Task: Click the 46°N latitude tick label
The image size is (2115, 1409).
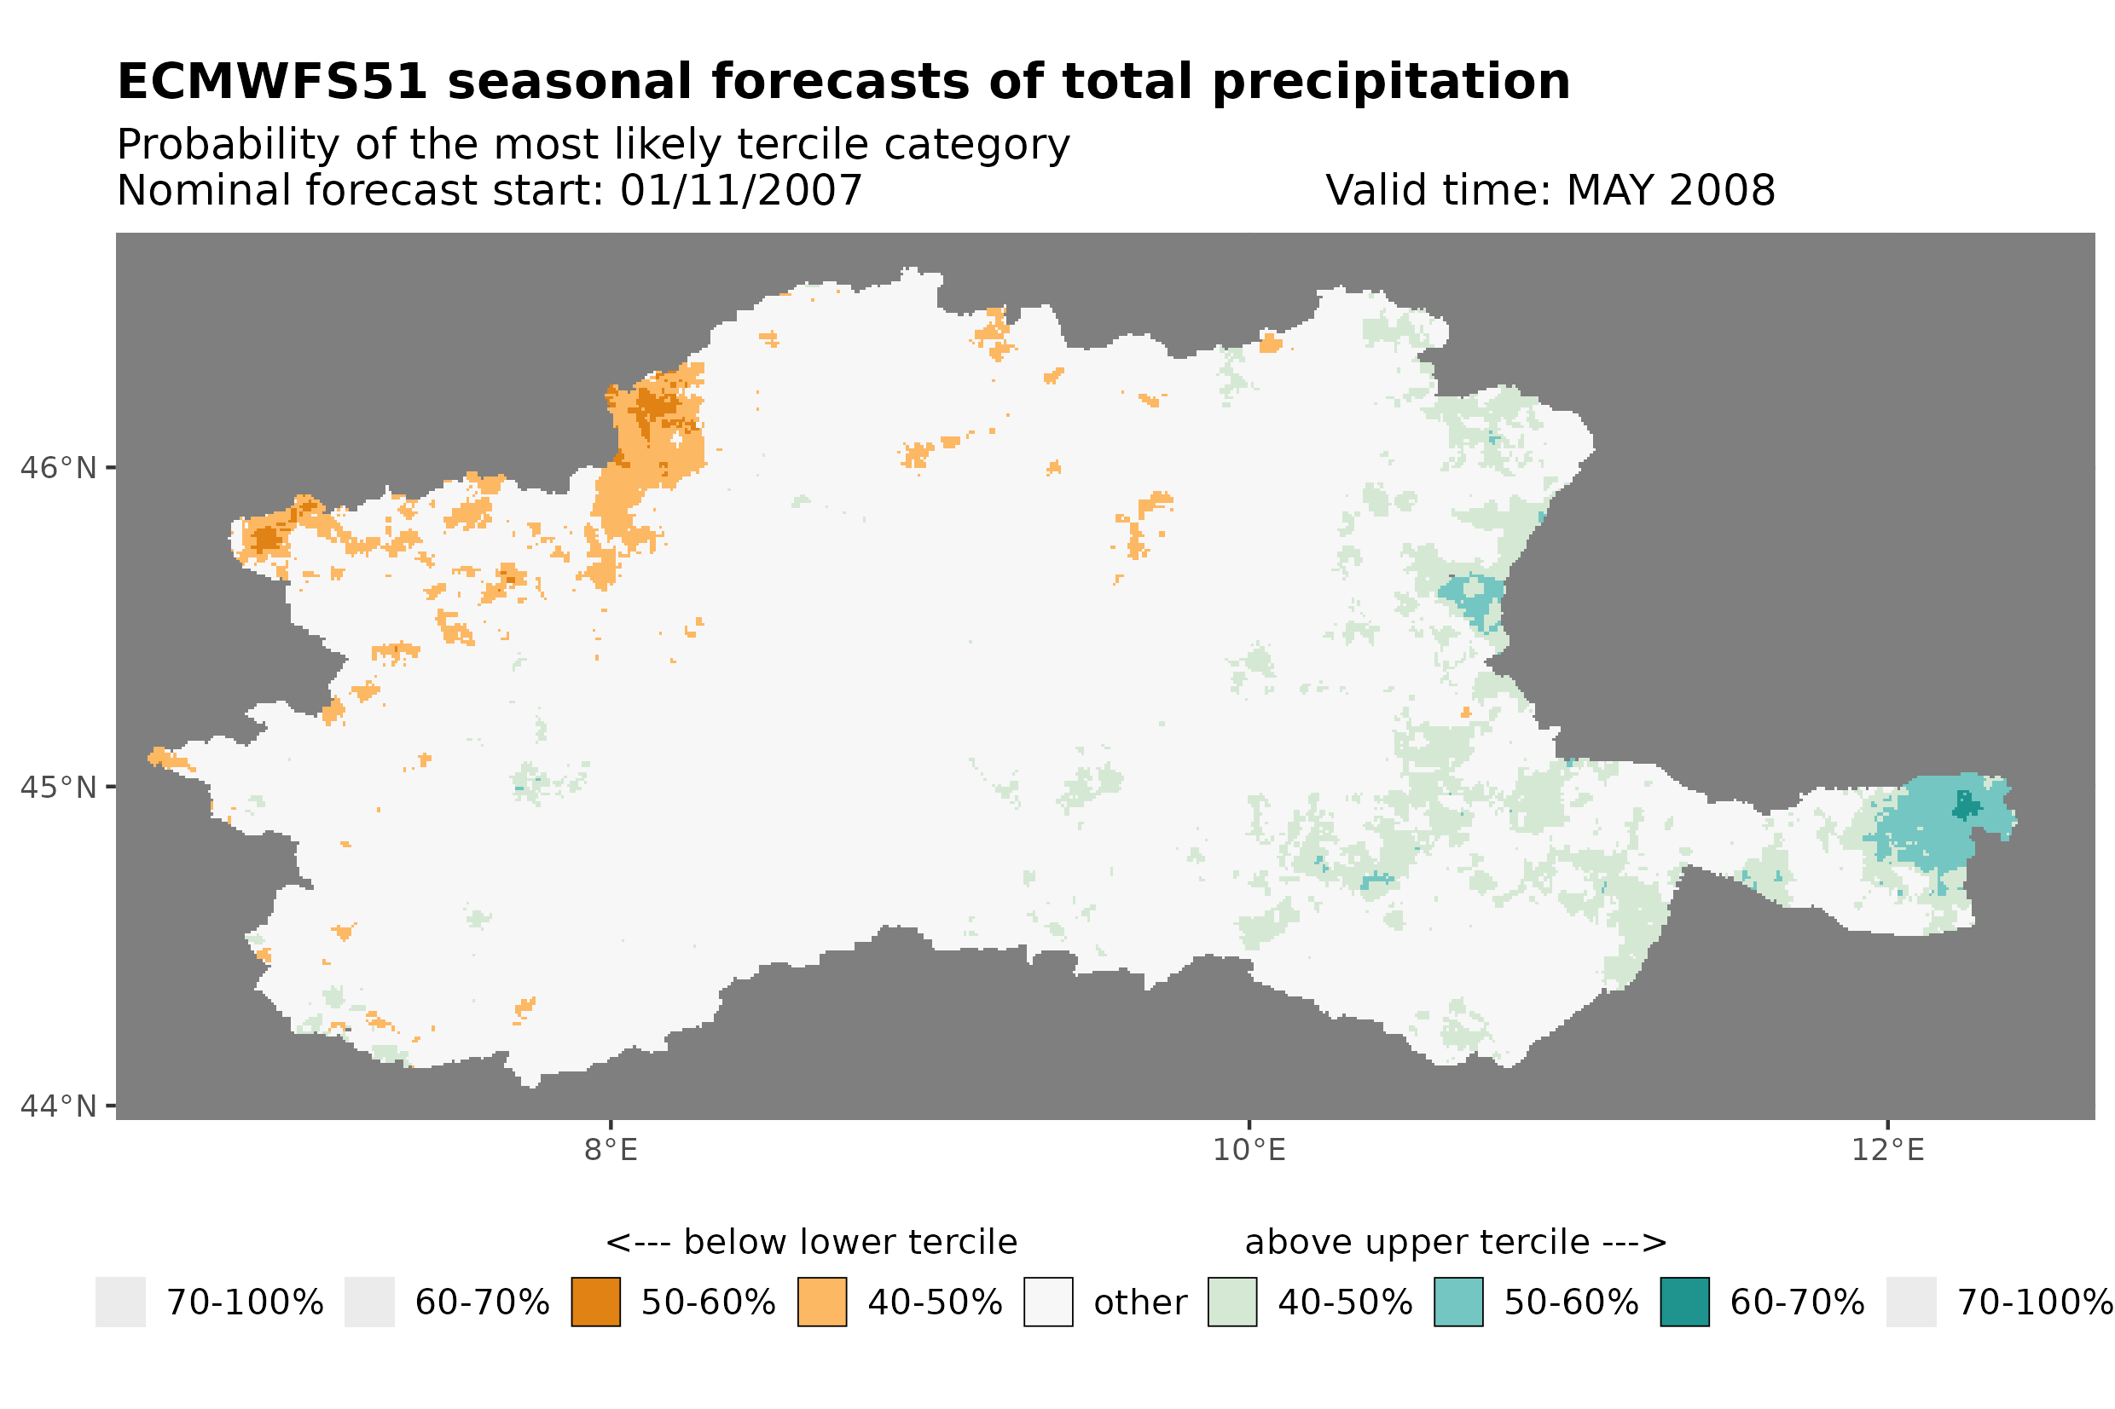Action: click(x=57, y=468)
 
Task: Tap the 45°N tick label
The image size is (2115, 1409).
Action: click(x=57, y=787)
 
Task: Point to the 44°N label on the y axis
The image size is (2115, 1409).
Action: click(x=57, y=1106)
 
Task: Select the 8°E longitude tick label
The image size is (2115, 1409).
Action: click(x=611, y=1150)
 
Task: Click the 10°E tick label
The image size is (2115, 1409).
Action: click(x=1249, y=1150)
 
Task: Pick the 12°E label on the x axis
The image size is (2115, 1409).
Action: click(x=1886, y=1150)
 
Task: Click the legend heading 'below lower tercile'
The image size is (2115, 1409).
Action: click(x=849, y=1243)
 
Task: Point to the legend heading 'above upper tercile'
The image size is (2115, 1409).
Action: click(x=1417, y=1243)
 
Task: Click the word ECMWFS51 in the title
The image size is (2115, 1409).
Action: click(x=271, y=83)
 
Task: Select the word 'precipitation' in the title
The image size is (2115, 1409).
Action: click(x=1389, y=83)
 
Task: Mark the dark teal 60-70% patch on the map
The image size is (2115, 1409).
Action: click(x=1965, y=806)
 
